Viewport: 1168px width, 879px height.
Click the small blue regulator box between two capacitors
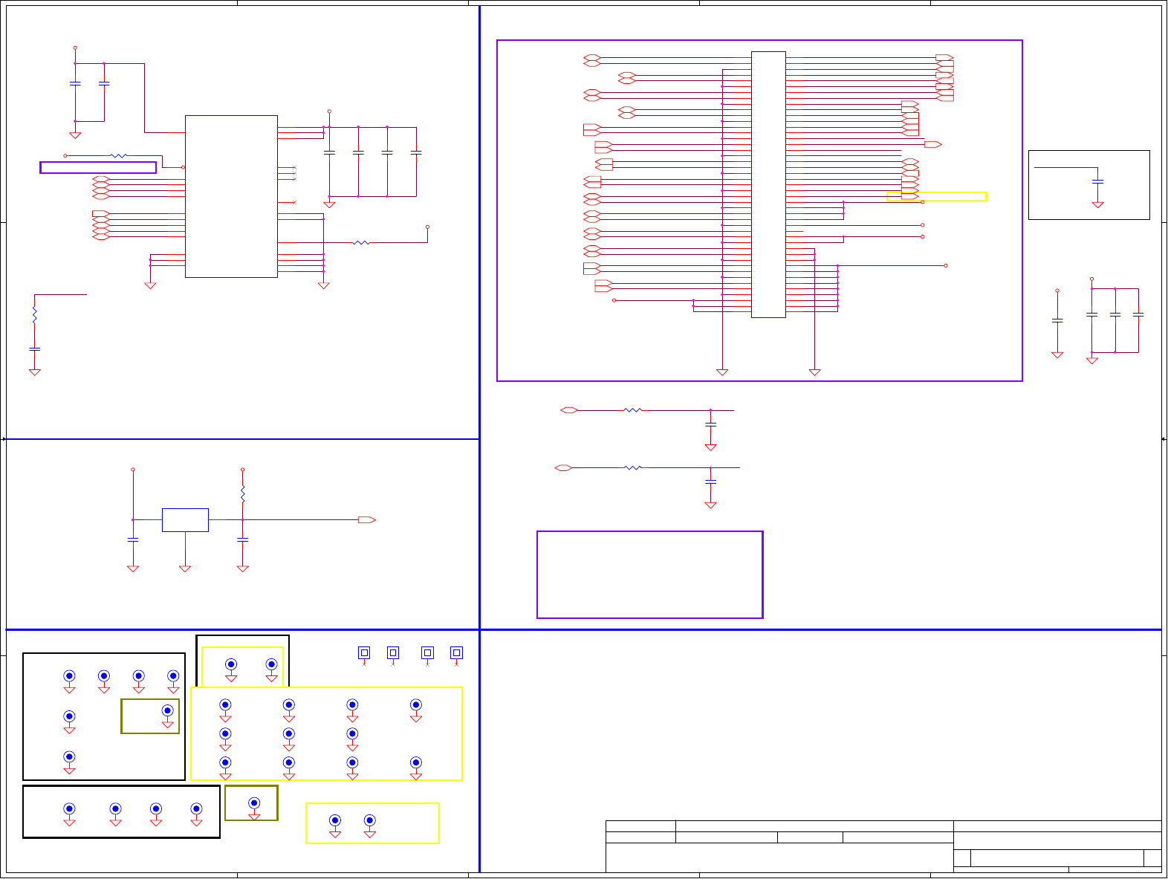(x=185, y=520)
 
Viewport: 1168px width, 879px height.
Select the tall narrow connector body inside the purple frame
(x=768, y=184)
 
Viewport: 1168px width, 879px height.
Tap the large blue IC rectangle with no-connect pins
(x=231, y=196)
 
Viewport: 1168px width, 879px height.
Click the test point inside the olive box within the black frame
(x=167, y=711)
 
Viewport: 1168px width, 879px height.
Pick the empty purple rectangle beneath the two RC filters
(x=649, y=574)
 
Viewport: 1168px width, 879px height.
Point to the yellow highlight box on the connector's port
(x=936, y=197)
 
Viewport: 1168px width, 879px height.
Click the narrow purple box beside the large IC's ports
(x=98, y=167)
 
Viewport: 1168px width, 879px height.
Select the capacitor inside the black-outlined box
(x=1097, y=181)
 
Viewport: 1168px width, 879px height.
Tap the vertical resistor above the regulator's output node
(x=242, y=493)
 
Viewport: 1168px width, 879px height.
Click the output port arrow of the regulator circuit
(x=366, y=520)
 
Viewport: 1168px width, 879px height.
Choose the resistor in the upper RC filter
(x=632, y=410)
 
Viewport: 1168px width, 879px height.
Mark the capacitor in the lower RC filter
(x=710, y=481)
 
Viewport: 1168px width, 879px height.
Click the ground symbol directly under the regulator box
(x=185, y=568)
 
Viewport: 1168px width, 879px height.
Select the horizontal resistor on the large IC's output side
(x=361, y=242)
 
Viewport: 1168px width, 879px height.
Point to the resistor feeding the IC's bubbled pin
(x=118, y=156)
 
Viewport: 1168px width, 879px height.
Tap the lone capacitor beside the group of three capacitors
(x=1057, y=320)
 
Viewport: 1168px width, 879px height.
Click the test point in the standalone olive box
(x=254, y=803)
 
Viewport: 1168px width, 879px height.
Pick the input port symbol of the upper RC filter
(x=569, y=410)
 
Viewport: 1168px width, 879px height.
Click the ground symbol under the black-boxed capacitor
(x=1097, y=204)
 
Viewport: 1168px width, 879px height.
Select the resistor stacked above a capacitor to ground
(x=34, y=316)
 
